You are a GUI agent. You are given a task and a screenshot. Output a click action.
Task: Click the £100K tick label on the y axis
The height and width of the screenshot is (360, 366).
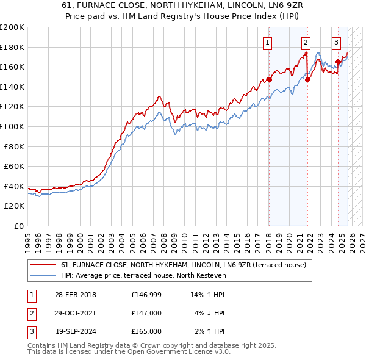point(12,126)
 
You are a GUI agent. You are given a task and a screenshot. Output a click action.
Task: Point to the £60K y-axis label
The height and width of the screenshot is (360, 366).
point(14,166)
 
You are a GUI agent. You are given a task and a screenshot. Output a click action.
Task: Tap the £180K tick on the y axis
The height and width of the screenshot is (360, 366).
point(12,47)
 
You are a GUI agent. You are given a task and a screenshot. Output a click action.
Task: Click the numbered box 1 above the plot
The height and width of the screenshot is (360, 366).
point(268,43)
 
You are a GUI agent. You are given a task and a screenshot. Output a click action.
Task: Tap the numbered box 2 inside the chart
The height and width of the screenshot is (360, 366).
point(305,43)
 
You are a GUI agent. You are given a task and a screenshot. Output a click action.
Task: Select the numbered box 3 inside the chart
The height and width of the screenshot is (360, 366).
point(336,43)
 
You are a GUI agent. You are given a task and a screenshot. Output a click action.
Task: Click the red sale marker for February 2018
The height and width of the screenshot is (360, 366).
point(269,79)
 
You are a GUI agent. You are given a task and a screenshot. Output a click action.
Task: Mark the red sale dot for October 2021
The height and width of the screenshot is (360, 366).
point(307,79)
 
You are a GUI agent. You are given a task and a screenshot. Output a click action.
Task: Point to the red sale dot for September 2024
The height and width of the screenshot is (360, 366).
point(338,62)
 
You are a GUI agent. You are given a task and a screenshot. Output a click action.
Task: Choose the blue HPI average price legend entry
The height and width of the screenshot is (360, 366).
point(143,275)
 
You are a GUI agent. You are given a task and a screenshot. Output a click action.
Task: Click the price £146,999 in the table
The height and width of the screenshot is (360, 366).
point(146,295)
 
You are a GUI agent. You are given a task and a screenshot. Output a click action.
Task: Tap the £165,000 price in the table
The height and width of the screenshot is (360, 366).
point(146,331)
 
